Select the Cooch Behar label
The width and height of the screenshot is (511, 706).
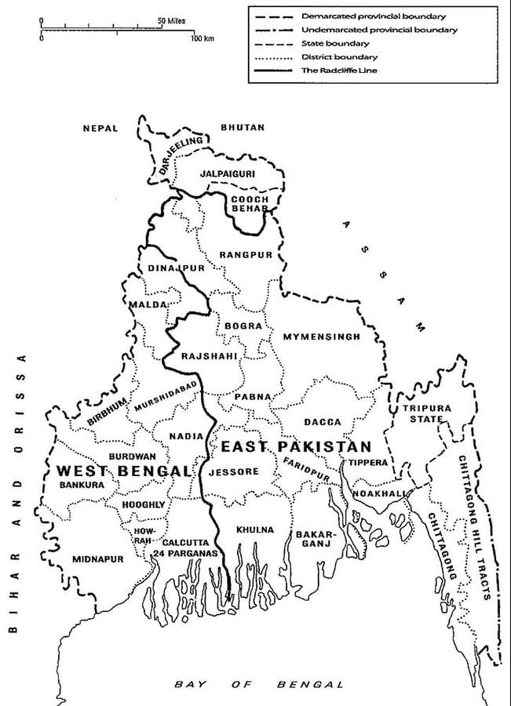pos(250,205)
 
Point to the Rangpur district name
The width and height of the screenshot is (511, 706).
pos(246,255)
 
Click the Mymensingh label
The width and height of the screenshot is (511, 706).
pos(321,337)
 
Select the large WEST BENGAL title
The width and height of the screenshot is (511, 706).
pos(123,471)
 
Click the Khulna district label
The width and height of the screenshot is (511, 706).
pos(255,529)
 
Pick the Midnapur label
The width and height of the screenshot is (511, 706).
pos(98,559)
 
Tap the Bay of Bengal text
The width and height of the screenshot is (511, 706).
pos(259,684)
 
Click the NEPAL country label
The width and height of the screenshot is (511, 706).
pos(100,128)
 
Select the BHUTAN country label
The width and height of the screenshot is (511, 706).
pos(243,127)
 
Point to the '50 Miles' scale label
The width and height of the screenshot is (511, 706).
pos(171,20)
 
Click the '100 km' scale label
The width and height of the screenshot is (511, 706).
pos(203,38)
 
